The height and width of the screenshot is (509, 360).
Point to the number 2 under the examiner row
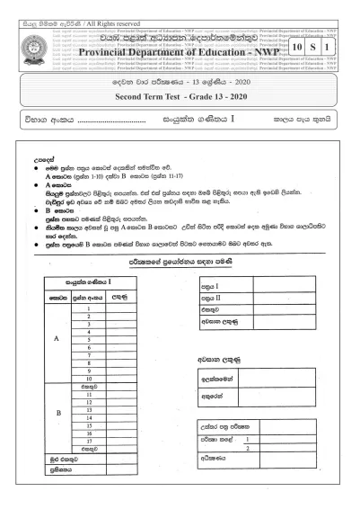tap(246, 448)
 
